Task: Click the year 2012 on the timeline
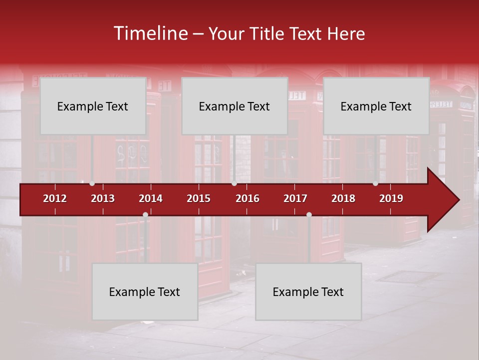55,198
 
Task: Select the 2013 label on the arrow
103,198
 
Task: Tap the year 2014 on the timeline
151,198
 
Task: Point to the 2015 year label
199,198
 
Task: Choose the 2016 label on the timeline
247,198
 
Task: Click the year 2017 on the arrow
295,198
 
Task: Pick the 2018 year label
343,198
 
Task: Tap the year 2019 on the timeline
391,198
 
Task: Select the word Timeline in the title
150,33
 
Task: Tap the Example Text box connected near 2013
93,106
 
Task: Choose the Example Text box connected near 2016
235,106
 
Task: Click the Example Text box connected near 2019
376,106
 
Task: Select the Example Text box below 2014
145,292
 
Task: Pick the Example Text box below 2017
308,292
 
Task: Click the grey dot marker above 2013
92,183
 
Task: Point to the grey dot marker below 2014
145,214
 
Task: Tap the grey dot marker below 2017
309,214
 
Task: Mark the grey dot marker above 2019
375,183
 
